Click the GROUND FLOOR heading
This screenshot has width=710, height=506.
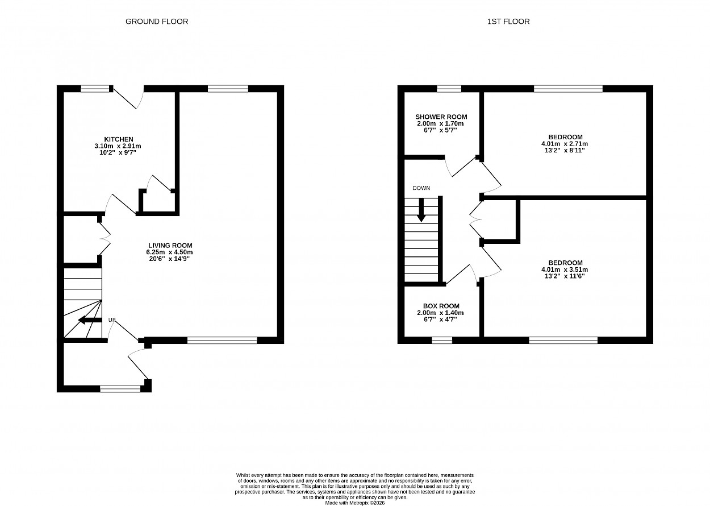point(157,22)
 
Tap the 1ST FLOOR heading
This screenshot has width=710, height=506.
point(508,22)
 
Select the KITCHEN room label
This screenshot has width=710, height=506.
point(119,139)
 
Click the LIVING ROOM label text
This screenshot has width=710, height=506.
point(170,246)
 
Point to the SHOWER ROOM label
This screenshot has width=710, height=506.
point(441,117)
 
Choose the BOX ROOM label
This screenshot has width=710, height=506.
point(441,306)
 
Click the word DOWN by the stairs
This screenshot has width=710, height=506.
point(421,188)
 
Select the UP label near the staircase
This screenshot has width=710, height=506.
point(111,320)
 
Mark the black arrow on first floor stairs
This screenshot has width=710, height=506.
point(421,210)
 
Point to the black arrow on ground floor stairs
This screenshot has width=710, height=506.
point(90,320)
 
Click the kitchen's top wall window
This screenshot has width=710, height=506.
point(95,89)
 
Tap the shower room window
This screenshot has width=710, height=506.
point(449,89)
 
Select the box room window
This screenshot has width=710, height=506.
point(442,341)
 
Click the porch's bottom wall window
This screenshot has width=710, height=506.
point(120,389)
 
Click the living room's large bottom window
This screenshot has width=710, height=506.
point(222,341)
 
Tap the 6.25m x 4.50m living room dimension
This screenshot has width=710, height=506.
point(170,252)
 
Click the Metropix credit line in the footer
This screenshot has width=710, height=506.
point(354,503)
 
